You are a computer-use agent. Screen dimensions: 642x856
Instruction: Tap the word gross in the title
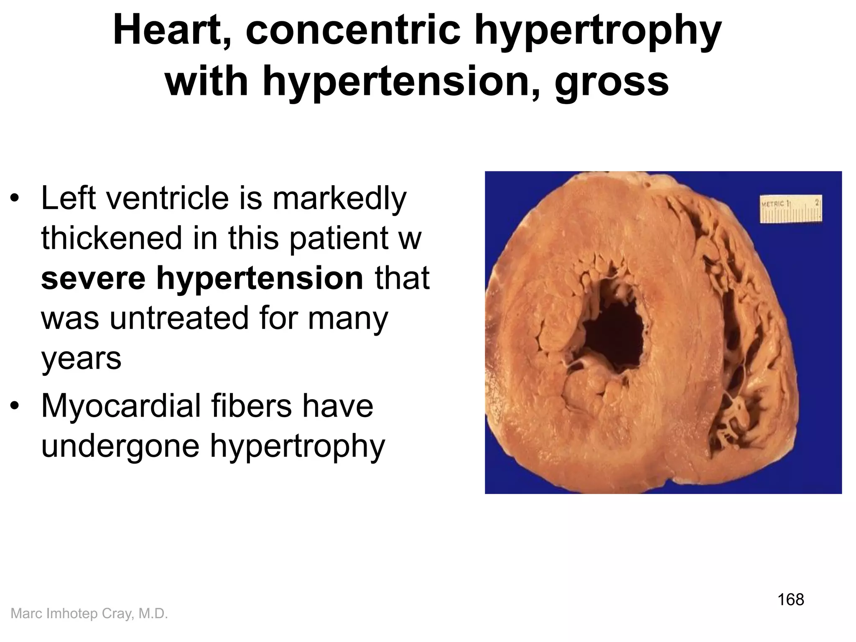[612, 81]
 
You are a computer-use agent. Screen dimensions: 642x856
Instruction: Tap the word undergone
[121, 446]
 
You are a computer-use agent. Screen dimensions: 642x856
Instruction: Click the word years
[81, 359]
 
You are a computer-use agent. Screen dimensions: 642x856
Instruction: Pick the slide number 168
[791, 599]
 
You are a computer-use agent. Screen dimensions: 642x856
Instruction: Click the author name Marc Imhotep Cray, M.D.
[89, 614]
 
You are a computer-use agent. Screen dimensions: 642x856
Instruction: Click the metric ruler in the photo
[791, 208]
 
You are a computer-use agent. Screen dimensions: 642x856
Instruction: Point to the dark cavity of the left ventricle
[613, 334]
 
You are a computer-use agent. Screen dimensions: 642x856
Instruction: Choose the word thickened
[112, 238]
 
